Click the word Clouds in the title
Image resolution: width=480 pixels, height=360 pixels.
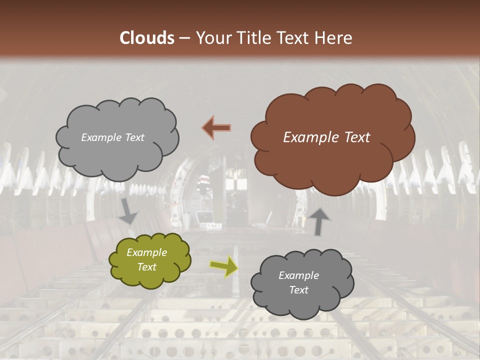tap(147, 38)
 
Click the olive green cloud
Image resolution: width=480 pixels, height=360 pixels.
tap(150, 260)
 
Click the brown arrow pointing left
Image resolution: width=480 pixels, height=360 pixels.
tap(216, 127)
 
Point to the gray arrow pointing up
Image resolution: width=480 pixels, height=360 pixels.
tap(319, 221)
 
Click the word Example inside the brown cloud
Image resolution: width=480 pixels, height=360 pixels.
tap(306, 137)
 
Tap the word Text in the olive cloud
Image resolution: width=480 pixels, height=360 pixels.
tap(147, 267)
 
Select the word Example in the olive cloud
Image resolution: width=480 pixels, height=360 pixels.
tap(147, 253)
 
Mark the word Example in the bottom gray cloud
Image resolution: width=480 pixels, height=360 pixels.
tap(298, 275)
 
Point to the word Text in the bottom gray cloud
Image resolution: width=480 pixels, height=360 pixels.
tap(298, 290)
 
